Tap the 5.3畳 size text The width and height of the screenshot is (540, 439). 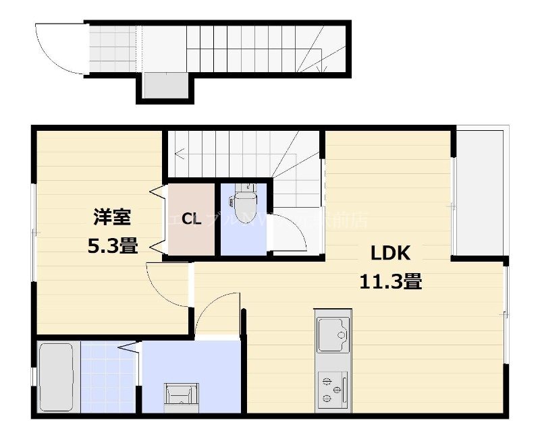(x=112, y=246)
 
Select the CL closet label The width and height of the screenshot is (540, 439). (x=190, y=219)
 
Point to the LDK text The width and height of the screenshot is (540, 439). (x=389, y=253)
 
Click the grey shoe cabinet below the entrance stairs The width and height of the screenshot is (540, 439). (x=165, y=86)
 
